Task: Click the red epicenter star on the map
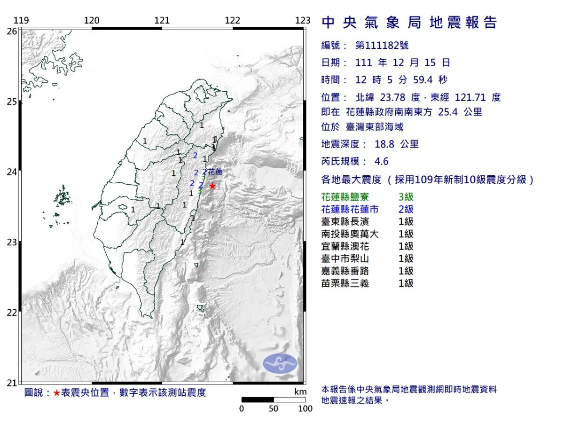click(212, 186)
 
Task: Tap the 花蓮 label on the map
click(215, 172)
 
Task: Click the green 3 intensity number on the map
click(200, 191)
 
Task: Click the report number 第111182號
click(382, 46)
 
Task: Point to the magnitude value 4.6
click(381, 161)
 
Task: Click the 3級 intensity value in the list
click(405, 197)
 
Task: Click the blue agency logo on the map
click(280, 364)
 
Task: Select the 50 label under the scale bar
click(274, 408)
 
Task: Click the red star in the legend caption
click(56, 393)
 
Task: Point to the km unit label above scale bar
click(300, 392)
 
